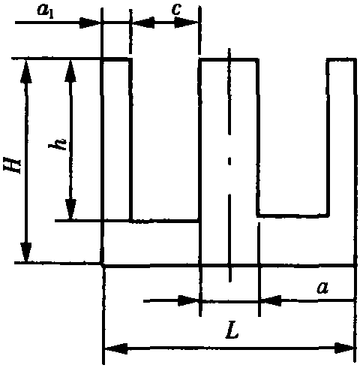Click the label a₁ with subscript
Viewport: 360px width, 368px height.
click(45, 11)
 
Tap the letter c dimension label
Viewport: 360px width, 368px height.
click(176, 10)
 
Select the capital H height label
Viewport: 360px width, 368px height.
click(12, 164)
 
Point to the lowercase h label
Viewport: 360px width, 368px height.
click(58, 143)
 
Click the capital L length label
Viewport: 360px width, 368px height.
click(232, 331)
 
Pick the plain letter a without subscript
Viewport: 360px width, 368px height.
click(322, 288)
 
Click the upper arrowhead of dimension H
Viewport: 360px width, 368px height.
click(26, 71)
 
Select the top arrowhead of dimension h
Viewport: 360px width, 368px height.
click(70, 71)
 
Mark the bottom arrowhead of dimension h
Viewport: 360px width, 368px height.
click(70, 210)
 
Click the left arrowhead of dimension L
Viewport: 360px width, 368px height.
click(116, 348)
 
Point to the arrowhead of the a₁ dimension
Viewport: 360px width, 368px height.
click(90, 23)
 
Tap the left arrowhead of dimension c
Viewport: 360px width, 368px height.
click(143, 23)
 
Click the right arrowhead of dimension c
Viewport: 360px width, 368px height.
click(186, 23)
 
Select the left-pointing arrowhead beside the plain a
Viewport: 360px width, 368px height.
click(271, 300)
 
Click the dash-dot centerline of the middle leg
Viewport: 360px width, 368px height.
click(229, 165)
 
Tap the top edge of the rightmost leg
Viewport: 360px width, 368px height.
click(341, 60)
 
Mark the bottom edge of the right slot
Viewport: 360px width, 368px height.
click(292, 216)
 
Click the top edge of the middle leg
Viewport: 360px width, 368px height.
click(229, 60)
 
